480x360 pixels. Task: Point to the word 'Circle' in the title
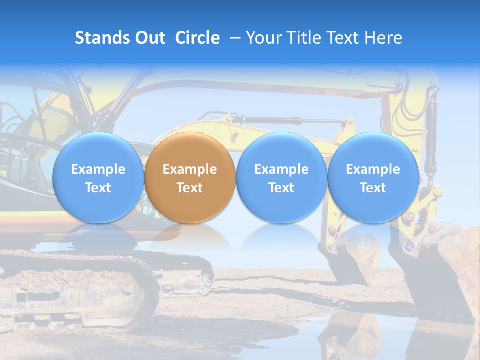[x=197, y=38]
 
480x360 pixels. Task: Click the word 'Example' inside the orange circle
[x=190, y=169]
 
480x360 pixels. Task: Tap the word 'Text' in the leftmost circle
[x=98, y=188]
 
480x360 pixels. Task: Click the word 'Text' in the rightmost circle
[x=373, y=188]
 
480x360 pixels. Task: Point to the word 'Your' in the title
[x=263, y=38]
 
